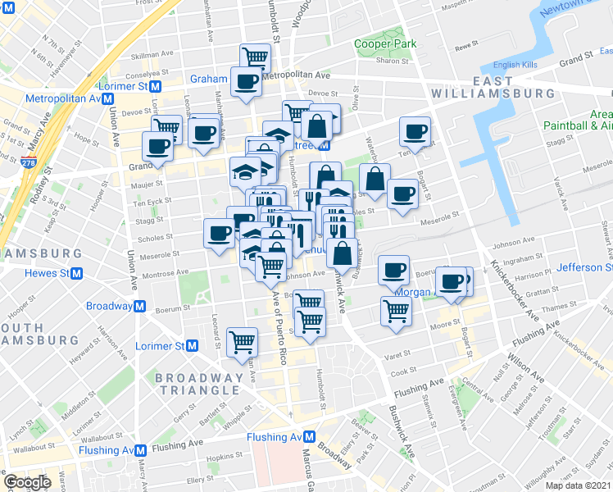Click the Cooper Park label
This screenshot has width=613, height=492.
pos(385,44)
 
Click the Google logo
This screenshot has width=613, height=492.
pos(27,483)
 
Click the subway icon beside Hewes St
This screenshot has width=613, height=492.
pos(76,273)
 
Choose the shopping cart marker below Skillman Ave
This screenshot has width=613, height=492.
pos(256,57)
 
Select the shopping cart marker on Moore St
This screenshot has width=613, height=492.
pos(396,312)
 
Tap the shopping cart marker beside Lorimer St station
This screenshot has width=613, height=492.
pos(243,340)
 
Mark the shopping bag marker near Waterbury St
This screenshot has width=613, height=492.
pos(374,178)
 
